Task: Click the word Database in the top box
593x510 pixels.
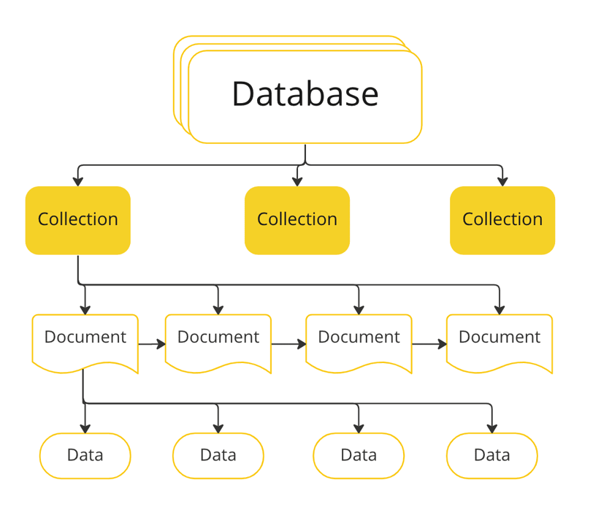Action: coord(305,94)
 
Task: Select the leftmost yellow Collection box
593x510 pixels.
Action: coord(78,220)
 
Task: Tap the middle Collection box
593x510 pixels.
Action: coord(297,220)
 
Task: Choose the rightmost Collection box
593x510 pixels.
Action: coord(502,220)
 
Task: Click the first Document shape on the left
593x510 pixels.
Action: coord(85,340)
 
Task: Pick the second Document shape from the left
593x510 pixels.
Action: coord(218,340)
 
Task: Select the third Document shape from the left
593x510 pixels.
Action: coord(359,340)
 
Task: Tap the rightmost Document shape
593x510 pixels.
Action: coord(500,340)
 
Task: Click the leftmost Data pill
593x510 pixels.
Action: coord(85,455)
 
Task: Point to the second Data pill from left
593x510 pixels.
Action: coord(218,455)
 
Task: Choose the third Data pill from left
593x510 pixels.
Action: coord(359,455)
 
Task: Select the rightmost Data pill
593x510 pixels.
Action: coord(491,455)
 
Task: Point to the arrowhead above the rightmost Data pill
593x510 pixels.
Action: coord(491,428)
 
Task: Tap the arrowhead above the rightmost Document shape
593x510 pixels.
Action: coord(500,310)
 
